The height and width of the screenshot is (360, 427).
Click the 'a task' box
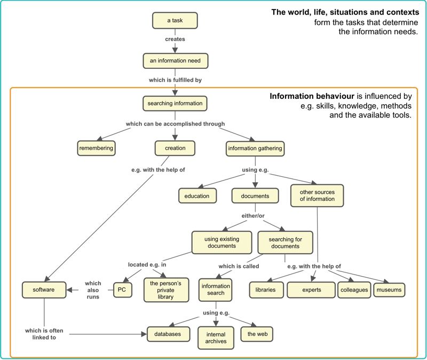(x=175, y=20)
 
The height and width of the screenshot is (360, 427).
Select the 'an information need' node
(x=175, y=61)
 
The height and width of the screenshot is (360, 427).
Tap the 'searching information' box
(x=175, y=103)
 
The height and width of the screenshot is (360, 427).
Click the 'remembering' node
(x=97, y=148)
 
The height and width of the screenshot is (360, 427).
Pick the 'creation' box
(x=175, y=148)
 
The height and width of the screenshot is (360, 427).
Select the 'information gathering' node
(x=255, y=148)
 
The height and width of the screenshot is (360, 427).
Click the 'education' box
(x=197, y=196)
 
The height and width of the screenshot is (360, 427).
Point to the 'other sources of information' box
(x=317, y=195)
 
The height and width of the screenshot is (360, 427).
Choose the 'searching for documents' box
(x=285, y=243)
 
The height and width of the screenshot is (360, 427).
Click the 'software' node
(x=44, y=289)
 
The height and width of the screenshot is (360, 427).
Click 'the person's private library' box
(x=166, y=289)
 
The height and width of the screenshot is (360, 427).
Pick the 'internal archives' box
(x=216, y=338)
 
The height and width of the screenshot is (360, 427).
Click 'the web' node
(x=257, y=334)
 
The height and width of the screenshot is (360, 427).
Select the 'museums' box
(x=388, y=289)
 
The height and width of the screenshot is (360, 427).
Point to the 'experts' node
(x=311, y=289)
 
